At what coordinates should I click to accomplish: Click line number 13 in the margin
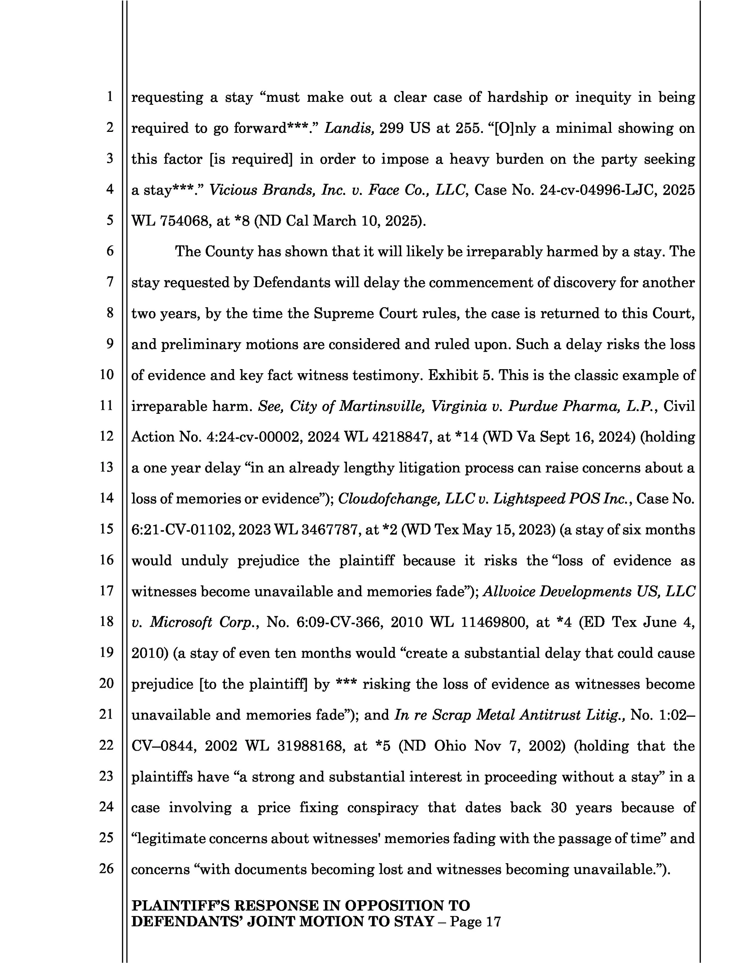[106, 467]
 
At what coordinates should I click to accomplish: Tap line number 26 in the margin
[106, 869]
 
